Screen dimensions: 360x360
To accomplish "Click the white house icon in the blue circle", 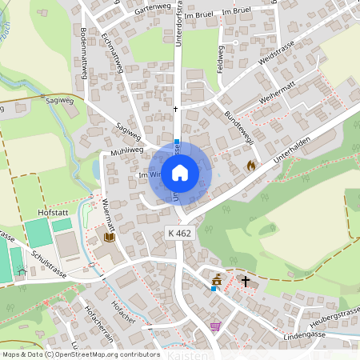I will point(180,172).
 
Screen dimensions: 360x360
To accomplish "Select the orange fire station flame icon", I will point(250,166).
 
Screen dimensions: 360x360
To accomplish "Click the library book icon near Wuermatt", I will point(109,237).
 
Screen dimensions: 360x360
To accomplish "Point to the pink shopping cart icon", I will point(214,326).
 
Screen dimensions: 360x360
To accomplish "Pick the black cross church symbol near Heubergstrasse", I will point(246,281).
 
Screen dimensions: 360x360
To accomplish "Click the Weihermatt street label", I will point(277,99).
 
